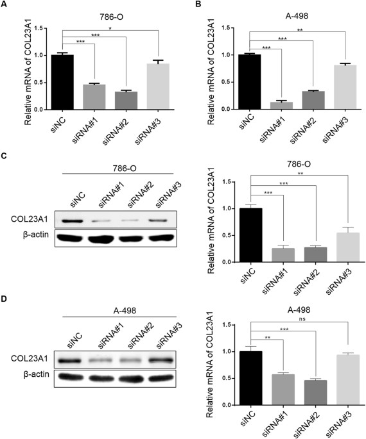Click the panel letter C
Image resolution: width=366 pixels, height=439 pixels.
pyautogui.click(x=5, y=156)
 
